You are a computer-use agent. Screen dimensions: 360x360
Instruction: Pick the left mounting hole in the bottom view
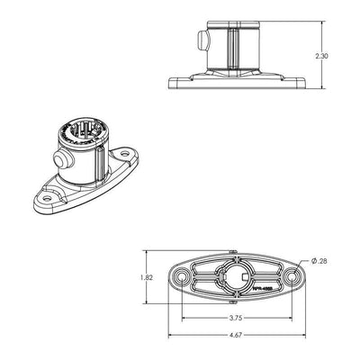pyautogui.click(x=183, y=277)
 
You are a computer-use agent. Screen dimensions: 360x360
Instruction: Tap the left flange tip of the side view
pyautogui.click(x=171, y=85)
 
